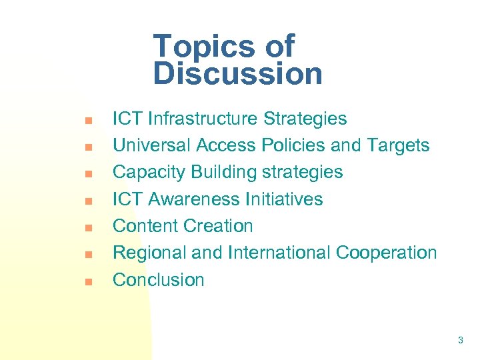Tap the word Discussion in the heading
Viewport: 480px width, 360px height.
coord(237,74)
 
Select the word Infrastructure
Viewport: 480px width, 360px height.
coord(203,119)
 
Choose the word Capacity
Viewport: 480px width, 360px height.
coord(149,172)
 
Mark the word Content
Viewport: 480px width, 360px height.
coord(145,226)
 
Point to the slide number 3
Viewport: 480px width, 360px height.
coord(461,341)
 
